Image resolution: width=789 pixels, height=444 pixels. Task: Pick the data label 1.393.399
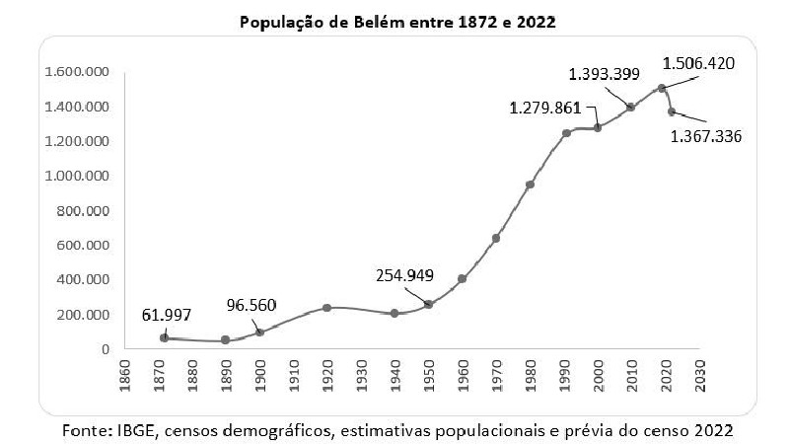[605, 73]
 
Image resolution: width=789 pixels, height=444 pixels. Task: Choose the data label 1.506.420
[698, 63]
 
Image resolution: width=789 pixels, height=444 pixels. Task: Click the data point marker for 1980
[530, 185]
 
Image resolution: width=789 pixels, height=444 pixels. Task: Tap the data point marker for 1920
[326, 308]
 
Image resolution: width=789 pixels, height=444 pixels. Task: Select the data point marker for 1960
[462, 278]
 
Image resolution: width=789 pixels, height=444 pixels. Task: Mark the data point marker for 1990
[566, 133]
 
